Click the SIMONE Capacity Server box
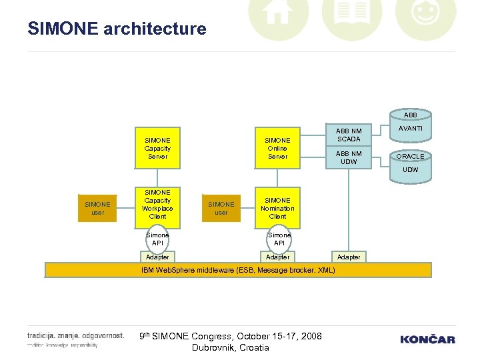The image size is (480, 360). click(157, 148)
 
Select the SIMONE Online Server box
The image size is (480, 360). click(277, 148)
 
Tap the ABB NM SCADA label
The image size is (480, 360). click(349, 135)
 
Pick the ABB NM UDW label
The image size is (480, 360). click(349, 157)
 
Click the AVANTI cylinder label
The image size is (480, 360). click(411, 129)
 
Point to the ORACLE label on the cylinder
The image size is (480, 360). click(411, 156)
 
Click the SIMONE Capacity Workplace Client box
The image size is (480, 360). click(157, 204)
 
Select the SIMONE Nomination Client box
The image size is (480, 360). click(277, 208)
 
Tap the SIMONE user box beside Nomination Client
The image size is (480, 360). click(221, 208)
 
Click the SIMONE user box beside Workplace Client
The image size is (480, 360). click(98, 208)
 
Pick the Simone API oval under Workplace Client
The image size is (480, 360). click(158, 239)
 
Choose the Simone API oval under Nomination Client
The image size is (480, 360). click(279, 239)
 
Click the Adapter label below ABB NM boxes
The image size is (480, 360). click(349, 257)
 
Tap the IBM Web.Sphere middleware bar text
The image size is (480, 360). click(238, 270)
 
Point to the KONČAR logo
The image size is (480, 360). click(427, 339)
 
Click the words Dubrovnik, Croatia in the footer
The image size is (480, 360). click(230, 347)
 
